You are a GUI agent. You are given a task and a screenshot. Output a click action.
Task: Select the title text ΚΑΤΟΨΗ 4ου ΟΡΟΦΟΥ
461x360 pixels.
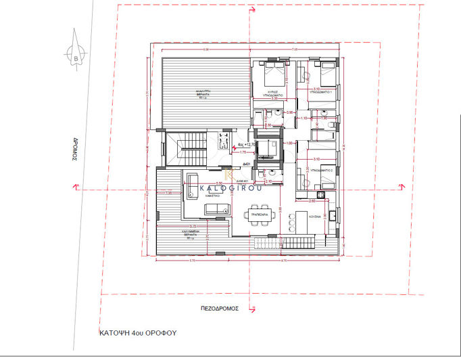click(135, 334)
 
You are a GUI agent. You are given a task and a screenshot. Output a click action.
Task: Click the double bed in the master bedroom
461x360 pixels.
click(274, 72)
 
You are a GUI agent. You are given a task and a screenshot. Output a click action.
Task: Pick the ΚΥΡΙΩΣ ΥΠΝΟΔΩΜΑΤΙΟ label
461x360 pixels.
click(273, 93)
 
